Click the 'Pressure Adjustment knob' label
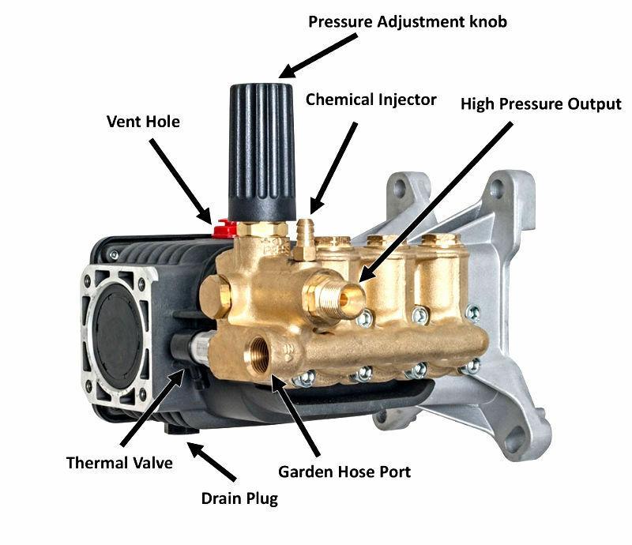[x=408, y=22]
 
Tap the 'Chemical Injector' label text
[x=371, y=100]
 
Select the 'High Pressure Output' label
[x=541, y=104]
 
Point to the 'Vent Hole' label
[x=143, y=122]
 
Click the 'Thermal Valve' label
[x=119, y=463]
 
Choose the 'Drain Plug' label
[x=239, y=498]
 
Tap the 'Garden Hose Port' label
[x=344, y=472]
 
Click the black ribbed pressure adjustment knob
[x=262, y=152]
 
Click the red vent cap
[x=224, y=228]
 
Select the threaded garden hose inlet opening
[x=259, y=354]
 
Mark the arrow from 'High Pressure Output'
[x=435, y=202]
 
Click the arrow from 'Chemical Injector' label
[x=333, y=168]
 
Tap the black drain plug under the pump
[x=182, y=428]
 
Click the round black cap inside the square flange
[x=117, y=336]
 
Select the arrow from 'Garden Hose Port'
[x=295, y=415]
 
